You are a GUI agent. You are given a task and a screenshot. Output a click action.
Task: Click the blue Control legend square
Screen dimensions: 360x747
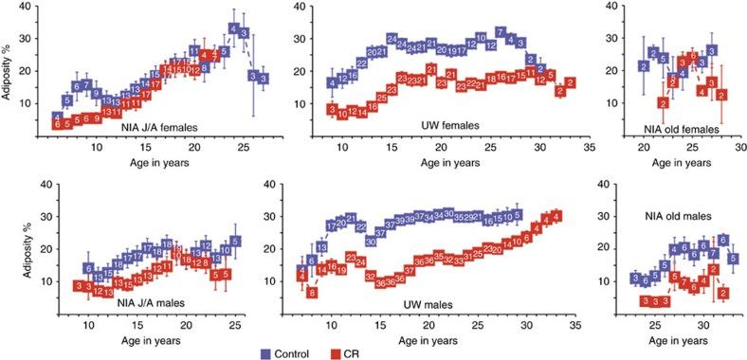(267, 352)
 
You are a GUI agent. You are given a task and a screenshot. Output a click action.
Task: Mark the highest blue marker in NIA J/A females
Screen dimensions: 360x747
(233, 29)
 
